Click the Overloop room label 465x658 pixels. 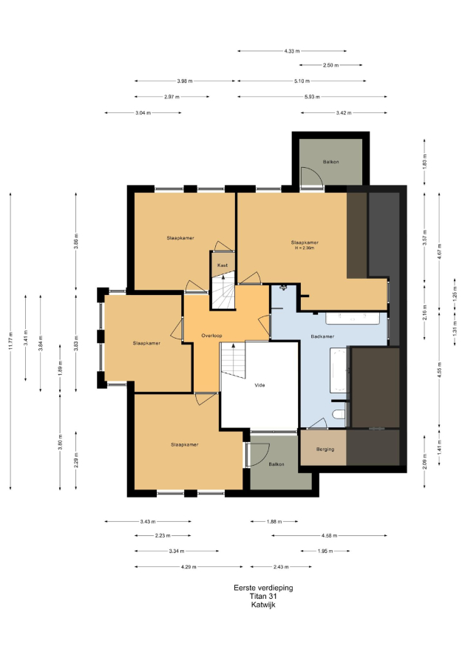(211, 336)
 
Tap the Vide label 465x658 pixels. (259, 384)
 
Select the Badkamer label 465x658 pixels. (322, 336)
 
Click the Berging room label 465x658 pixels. (325, 449)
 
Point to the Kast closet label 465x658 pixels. (223, 265)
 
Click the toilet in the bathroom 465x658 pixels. (339, 415)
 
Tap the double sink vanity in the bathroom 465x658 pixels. (353, 318)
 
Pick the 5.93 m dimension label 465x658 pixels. (312, 97)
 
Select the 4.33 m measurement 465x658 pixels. (292, 51)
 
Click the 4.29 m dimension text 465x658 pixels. (189, 567)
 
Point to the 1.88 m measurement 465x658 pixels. (274, 522)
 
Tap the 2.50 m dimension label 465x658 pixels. (330, 66)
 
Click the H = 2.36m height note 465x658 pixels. (305, 248)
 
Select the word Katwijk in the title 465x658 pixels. (263, 605)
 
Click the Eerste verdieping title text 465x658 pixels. (263, 588)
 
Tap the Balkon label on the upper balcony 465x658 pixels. (330, 162)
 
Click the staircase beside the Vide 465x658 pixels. (234, 359)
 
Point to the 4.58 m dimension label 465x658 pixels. (329, 536)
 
